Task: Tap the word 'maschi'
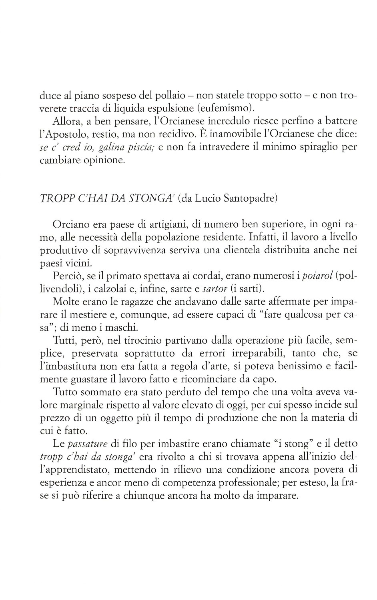pyautogui.click(x=124, y=328)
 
